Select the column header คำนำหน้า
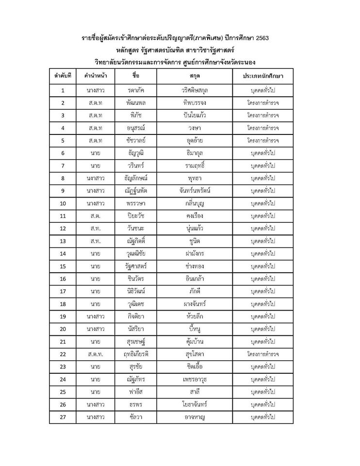pos(95,77)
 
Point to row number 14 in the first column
pos(63,253)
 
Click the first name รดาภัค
pos(135,90)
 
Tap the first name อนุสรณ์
pos(135,128)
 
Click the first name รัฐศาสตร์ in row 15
pos(135,266)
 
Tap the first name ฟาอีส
pos(135,392)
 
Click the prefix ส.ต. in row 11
pos(95,216)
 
